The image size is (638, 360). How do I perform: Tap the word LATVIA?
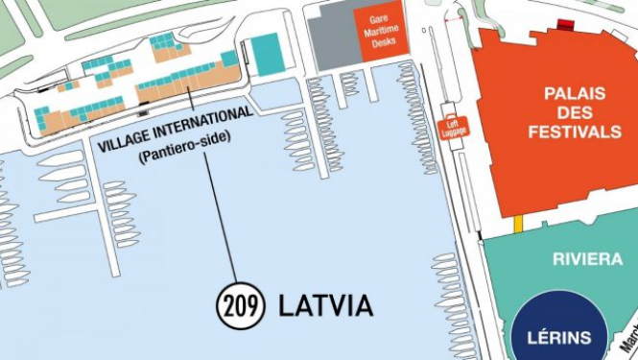click(325, 306)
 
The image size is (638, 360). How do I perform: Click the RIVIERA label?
click(581, 259)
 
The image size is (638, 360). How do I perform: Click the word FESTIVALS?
click(575, 132)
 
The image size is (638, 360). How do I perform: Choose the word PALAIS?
click(575, 94)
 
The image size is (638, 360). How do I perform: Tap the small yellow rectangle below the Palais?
click(518, 225)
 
